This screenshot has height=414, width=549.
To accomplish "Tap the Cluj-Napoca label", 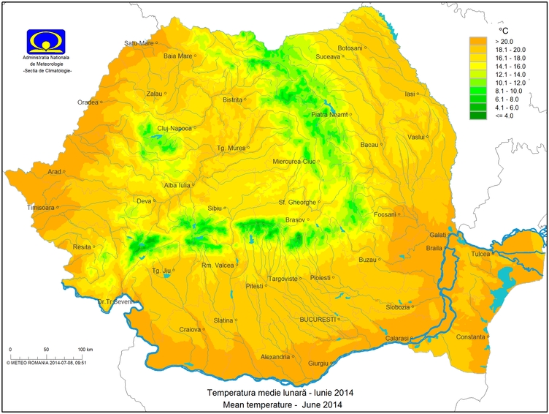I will pyautogui.click(x=174, y=128).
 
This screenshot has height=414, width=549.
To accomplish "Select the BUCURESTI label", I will pyautogui.click(x=317, y=320).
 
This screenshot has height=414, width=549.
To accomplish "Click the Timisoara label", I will pyautogui.click(x=41, y=208).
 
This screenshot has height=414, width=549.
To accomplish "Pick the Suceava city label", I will pyautogui.click(x=328, y=56).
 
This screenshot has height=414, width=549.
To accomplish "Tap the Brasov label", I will pyautogui.click(x=294, y=219).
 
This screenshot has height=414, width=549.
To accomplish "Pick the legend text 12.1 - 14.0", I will pyautogui.click(x=509, y=75).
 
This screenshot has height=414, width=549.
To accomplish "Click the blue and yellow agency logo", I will pyautogui.click(x=46, y=41).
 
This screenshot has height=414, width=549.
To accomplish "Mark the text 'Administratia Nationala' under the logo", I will pyautogui.click(x=47, y=57).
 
